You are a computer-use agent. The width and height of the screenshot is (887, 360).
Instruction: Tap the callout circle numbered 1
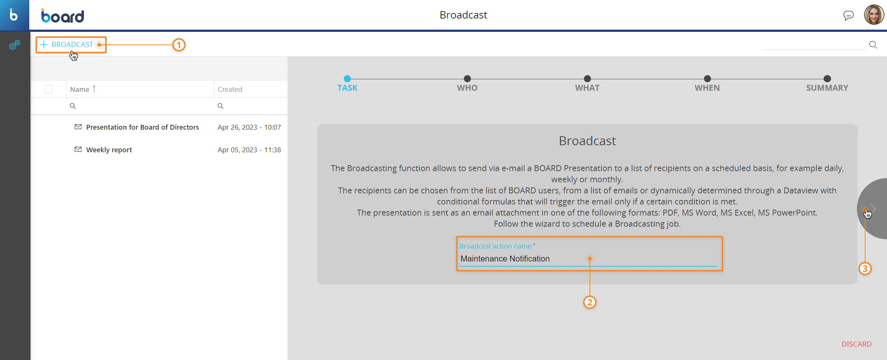tap(179, 45)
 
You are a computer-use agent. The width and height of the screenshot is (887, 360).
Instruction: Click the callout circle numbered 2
tap(589, 302)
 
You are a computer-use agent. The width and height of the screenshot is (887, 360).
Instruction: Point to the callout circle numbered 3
tap(865, 269)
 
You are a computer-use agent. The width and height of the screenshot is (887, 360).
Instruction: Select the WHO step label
tap(467, 88)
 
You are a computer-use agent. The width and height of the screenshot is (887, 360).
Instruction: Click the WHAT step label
tap(587, 88)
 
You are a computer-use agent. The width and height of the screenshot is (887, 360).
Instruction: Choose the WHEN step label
tap(707, 88)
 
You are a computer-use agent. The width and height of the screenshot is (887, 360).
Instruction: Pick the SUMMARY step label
tap(827, 88)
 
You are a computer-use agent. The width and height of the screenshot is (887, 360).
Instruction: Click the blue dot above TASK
tap(347, 79)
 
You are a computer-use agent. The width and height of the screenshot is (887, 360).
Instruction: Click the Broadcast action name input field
tap(588, 259)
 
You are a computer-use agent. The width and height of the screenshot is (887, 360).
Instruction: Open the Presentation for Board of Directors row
tap(142, 127)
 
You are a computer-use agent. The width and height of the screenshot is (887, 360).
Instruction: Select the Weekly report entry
tap(109, 150)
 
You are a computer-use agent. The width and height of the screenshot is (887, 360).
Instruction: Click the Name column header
tap(80, 89)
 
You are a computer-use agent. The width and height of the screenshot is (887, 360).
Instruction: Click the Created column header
tap(230, 89)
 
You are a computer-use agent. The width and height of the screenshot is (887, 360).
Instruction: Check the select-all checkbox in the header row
tap(49, 89)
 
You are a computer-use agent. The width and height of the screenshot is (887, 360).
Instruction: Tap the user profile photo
tap(874, 15)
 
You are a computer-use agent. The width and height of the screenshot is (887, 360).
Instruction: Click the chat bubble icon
tap(848, 15)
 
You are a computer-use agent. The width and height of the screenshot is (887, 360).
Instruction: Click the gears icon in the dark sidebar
tap(14, 45)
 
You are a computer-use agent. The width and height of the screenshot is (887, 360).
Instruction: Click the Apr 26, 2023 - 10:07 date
tap(249, 127)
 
